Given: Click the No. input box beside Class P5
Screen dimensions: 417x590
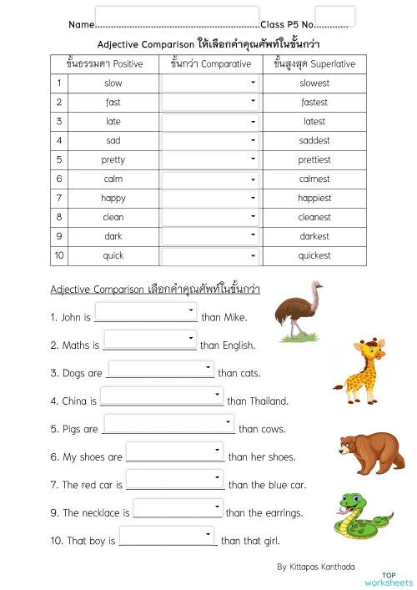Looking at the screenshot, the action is point(335,17).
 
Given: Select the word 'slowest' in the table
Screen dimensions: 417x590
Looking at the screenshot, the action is point(314,83).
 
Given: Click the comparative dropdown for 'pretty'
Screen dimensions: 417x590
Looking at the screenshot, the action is point(210,159).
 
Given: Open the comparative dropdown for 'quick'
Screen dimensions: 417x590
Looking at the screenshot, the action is point(210,255).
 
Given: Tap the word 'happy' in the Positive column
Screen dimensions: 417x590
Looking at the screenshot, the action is point(113,199).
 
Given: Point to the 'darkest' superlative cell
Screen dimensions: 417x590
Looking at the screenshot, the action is point(314,236).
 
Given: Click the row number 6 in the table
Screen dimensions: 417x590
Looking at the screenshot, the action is point(59,179).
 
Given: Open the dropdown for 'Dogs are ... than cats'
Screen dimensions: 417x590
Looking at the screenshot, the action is point(161,369).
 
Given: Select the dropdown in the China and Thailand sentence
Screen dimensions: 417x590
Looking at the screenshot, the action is point(162,396).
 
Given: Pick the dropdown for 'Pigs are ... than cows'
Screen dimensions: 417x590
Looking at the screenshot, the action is point(168,425).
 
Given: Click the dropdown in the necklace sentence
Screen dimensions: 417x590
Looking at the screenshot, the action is point(178,508).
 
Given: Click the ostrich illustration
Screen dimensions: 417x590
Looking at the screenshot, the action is point(301,310).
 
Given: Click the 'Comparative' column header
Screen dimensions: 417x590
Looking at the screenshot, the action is point(210,63).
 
